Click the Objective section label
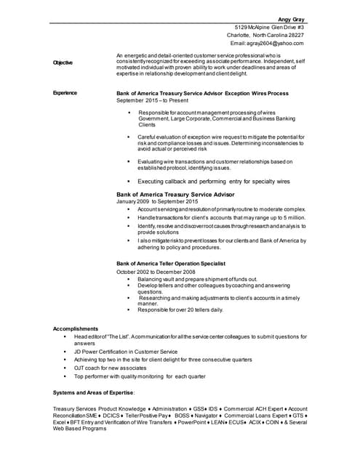63,62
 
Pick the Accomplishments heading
76,328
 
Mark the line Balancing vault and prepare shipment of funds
197,279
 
